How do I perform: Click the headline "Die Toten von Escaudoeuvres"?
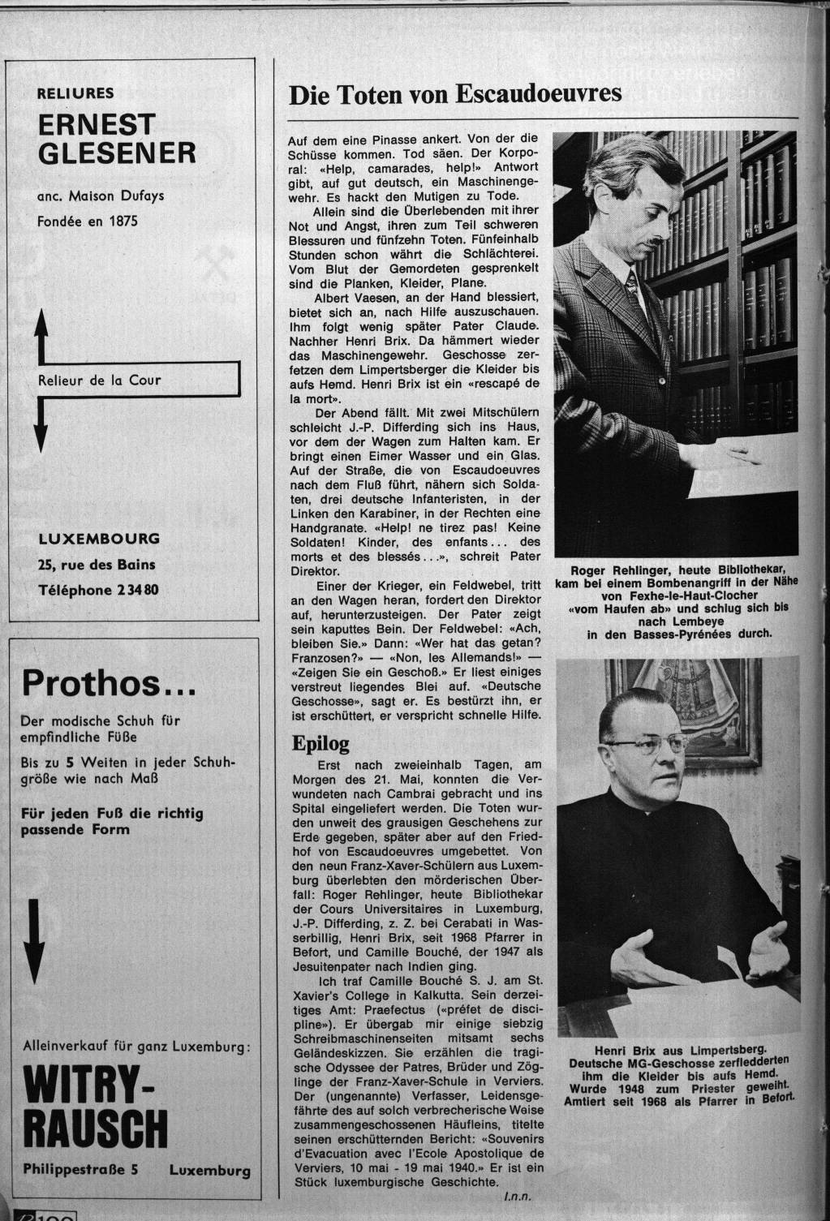click(455, 94)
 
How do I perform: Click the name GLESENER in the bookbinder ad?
click(117, 152)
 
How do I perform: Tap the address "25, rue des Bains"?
click(97, 565)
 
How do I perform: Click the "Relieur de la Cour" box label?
click(100, 380)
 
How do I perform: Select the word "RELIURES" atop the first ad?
click(75, 93)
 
